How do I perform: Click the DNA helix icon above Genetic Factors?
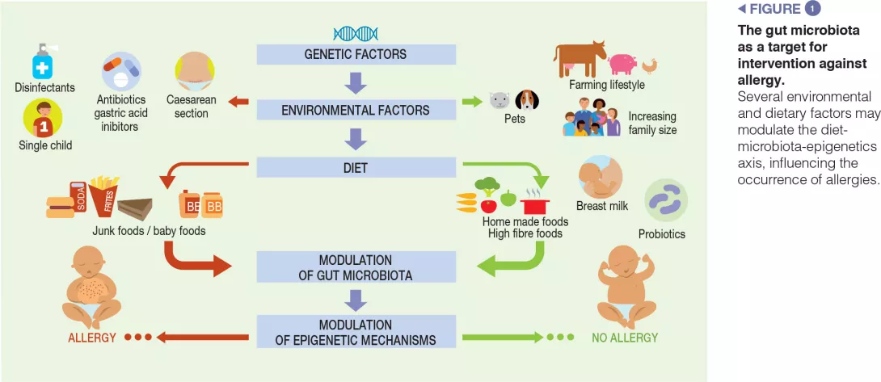click(x=356, y=33)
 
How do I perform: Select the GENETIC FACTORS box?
click(x=356, y=55)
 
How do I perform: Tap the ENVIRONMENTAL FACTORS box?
click(x=356, y=110)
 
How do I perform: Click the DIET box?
click(x=356, y=168)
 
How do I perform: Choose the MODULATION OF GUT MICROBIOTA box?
click(x=356, y=267)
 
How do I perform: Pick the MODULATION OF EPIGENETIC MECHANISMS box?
click(x=356, y=332)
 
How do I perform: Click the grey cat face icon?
click(x=499, y=101)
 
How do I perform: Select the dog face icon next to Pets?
click(x=527, y=101)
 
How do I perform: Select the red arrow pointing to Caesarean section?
click(x=238, y=102)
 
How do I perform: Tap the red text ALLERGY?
click(x=91, y=338)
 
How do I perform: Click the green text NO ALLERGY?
click(x=625, y=338)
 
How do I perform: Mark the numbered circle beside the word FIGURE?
click(x=812, y=9)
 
